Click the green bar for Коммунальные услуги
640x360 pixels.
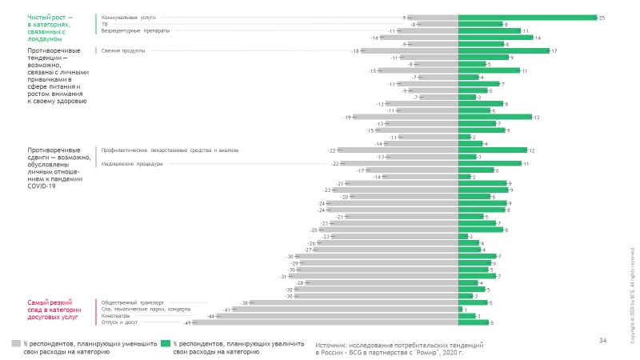(527, 17)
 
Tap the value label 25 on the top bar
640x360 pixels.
(602, 17)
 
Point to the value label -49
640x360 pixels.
(188, 322)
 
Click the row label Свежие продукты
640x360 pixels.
(123, 50)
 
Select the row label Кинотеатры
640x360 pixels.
(118, 316)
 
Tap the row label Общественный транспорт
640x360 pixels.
(133, 303)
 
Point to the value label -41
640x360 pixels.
(226, 310)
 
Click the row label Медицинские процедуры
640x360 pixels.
(132, 164)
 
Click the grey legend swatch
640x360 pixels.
(15, 342)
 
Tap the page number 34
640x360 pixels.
(602, 341)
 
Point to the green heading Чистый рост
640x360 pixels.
(50, 26)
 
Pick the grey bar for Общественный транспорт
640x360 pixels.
(354, 303)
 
